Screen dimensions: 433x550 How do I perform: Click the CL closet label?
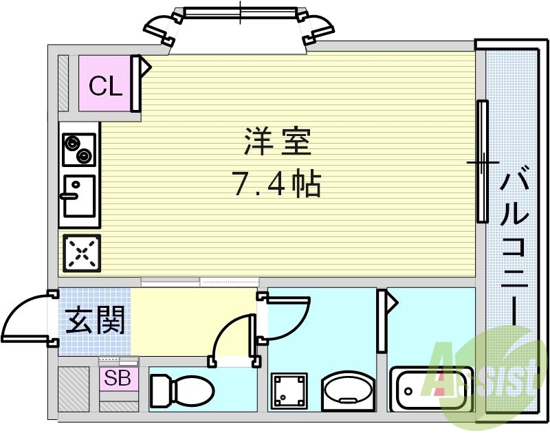click(x=106, y=87)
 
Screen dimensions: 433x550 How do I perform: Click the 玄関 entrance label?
click(x=94, y=320)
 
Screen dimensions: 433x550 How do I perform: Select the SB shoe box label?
click(x=117, y=379)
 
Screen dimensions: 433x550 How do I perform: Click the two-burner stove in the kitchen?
click(x=79, y=149)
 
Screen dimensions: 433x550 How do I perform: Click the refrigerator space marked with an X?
click(x=82, y=254)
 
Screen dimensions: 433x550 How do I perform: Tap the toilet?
click(x=180, y=390)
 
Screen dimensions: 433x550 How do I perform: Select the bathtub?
click(x=432, y=389)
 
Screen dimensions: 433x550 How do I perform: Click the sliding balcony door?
click(x=483, y=162)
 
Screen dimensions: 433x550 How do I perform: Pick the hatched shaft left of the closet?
click(x=64, y=82)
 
